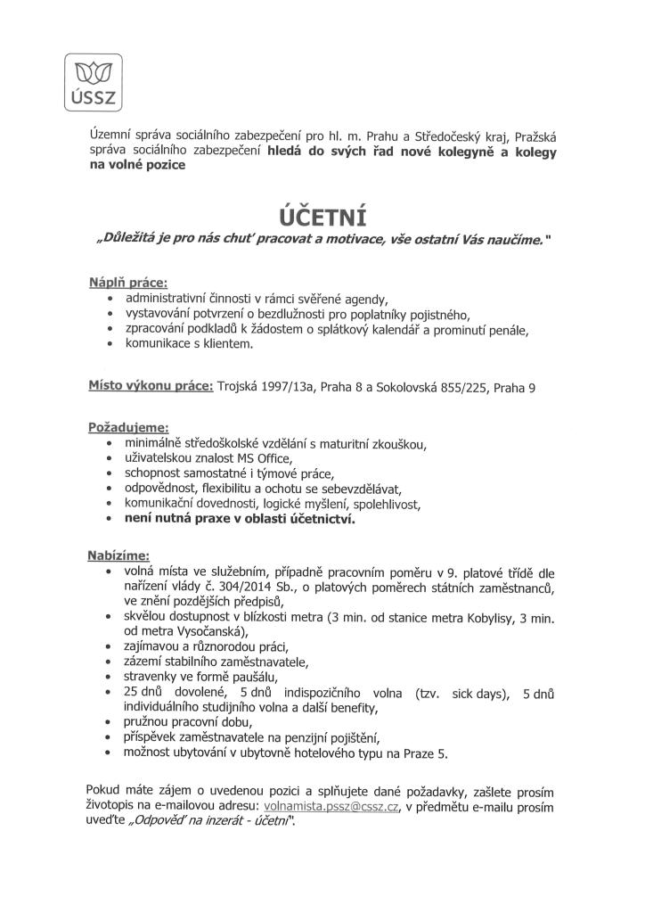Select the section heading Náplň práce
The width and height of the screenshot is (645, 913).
point(127,282)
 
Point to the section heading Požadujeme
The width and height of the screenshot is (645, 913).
point(127,427)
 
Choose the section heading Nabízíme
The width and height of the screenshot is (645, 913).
point(118,555)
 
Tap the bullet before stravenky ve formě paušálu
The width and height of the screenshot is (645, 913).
point(109,677)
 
